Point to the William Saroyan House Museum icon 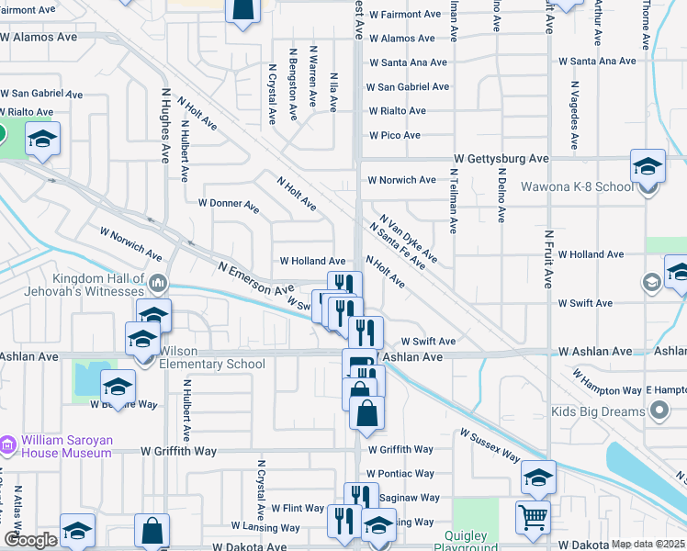(9, 445)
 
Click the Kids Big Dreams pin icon (658, 412)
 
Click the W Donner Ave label (229, 202)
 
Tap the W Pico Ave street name (394, 135)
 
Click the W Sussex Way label (490, 446)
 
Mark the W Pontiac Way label (400, 474)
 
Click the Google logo (30, 540)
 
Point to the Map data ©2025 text (648, 544)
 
